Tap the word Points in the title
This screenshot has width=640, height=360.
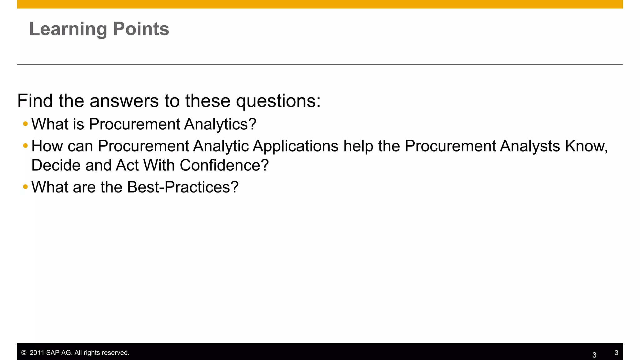point(141,29)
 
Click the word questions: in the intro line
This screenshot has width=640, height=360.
point(278,101)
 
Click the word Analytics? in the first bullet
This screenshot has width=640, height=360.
point(220,124)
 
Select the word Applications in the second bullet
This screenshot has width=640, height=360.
point(295,146)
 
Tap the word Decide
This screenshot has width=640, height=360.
point(56,165)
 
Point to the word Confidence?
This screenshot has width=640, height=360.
point(224,165)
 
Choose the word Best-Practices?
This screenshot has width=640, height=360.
point(183,187)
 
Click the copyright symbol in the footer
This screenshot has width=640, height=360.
point(24,353)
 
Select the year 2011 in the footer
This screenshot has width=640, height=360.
point(37,353)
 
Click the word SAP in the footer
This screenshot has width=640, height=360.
point(52,353)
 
